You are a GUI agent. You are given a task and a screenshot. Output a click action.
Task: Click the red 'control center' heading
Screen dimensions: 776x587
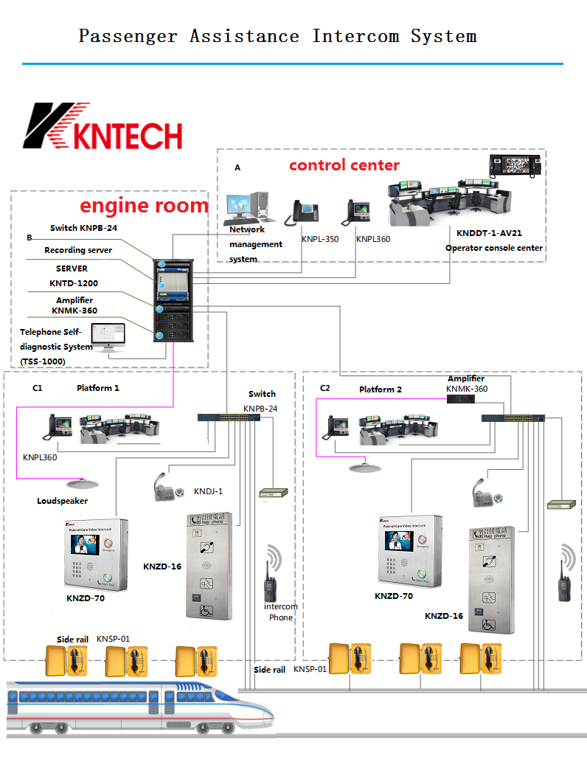(x=344, y=164)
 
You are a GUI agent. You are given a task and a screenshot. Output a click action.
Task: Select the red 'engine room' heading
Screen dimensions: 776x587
(x=144, y=205)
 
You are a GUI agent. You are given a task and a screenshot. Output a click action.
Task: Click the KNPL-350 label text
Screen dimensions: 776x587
(x=319, y=239)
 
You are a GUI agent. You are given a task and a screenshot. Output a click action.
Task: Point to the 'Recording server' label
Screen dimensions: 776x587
(x=78, y=251)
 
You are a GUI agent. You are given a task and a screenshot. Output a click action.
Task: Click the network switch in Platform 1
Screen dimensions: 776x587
(x=229, y=418)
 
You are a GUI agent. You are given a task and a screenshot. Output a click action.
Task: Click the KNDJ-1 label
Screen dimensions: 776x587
(x=208, y=491)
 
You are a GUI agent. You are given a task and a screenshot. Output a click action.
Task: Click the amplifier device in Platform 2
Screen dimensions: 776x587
(x=461, y=398)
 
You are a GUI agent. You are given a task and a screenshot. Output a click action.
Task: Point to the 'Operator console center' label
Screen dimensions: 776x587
(x=493, y=248)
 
